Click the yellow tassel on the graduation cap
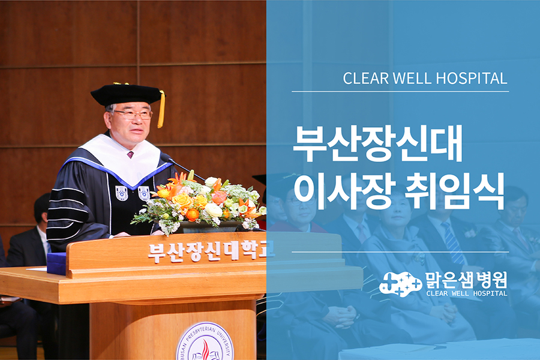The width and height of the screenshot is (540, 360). tap(161, 109)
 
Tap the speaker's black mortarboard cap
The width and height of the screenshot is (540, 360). tap(128, 94)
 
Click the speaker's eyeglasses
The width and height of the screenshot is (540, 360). tap(134, 115)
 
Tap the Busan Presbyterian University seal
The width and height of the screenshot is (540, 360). tap(205, 342)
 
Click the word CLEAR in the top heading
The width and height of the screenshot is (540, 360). tap(365, 79)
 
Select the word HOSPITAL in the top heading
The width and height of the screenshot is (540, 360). tap(472, 79)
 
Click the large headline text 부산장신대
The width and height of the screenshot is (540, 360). tap(377, 143)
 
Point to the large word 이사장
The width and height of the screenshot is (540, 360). tap(345, 191)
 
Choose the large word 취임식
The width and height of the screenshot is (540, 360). tap(454, 191)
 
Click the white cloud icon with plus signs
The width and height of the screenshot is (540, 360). tap(401, 284)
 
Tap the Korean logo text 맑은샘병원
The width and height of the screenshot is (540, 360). tap(466, 280)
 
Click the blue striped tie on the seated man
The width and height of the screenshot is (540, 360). tap(453, 242)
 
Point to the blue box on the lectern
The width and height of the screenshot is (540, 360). tap(56, 263)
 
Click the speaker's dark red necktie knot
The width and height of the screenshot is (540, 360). tap(130, 155)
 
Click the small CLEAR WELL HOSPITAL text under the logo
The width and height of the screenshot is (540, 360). tap(467, 293)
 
